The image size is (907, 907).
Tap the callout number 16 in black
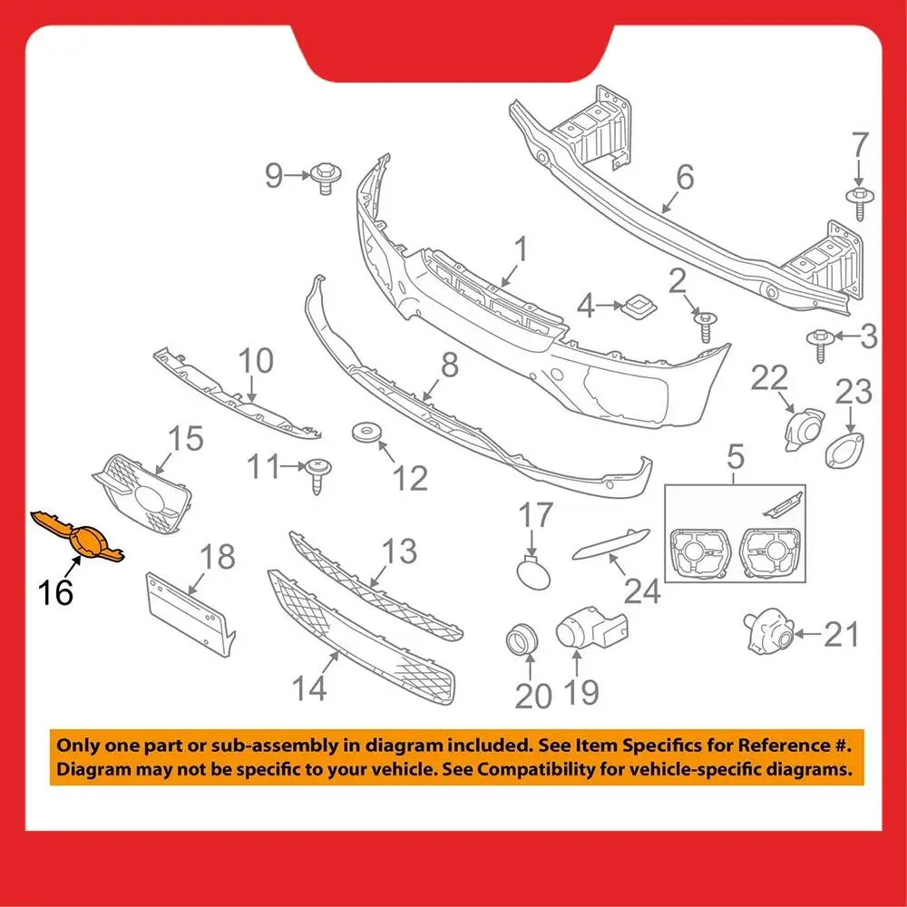click(x=55, y=592)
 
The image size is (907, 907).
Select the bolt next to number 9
click(x=323, y=176)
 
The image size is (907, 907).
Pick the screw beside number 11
click(x=317, y=473)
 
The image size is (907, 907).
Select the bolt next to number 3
click(x=818, y=342)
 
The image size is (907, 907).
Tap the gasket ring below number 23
click(x=844, y=451)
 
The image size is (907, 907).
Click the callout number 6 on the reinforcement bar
click(x=684, y=177)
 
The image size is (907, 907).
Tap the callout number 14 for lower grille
click(x=309, y=689)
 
